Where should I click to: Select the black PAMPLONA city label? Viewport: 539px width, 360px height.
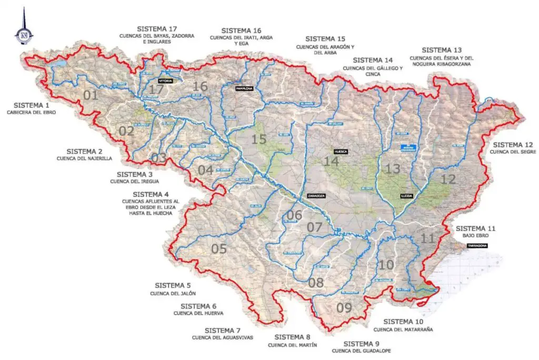click(x=244, y=88)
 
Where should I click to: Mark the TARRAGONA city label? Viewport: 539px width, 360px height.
click(x=473, y=246)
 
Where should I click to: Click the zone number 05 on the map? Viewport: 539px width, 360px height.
click(x=218, y=249)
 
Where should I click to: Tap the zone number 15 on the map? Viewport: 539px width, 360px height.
click(x=259, y=139)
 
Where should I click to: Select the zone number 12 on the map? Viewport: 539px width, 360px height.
click(x=448, y=179)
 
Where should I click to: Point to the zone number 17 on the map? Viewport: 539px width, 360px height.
click(x=156, y=90)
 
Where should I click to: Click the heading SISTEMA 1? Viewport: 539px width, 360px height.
click(x=31, y=105)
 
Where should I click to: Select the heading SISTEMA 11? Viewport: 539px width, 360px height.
click(x=476, y=228)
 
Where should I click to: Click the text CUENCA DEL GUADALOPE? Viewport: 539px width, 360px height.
click(x=361, y=351)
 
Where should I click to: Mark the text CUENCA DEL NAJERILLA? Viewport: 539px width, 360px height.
click(x=85, y=158)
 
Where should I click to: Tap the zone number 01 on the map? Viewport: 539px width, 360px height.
click(x=91, y=96)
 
